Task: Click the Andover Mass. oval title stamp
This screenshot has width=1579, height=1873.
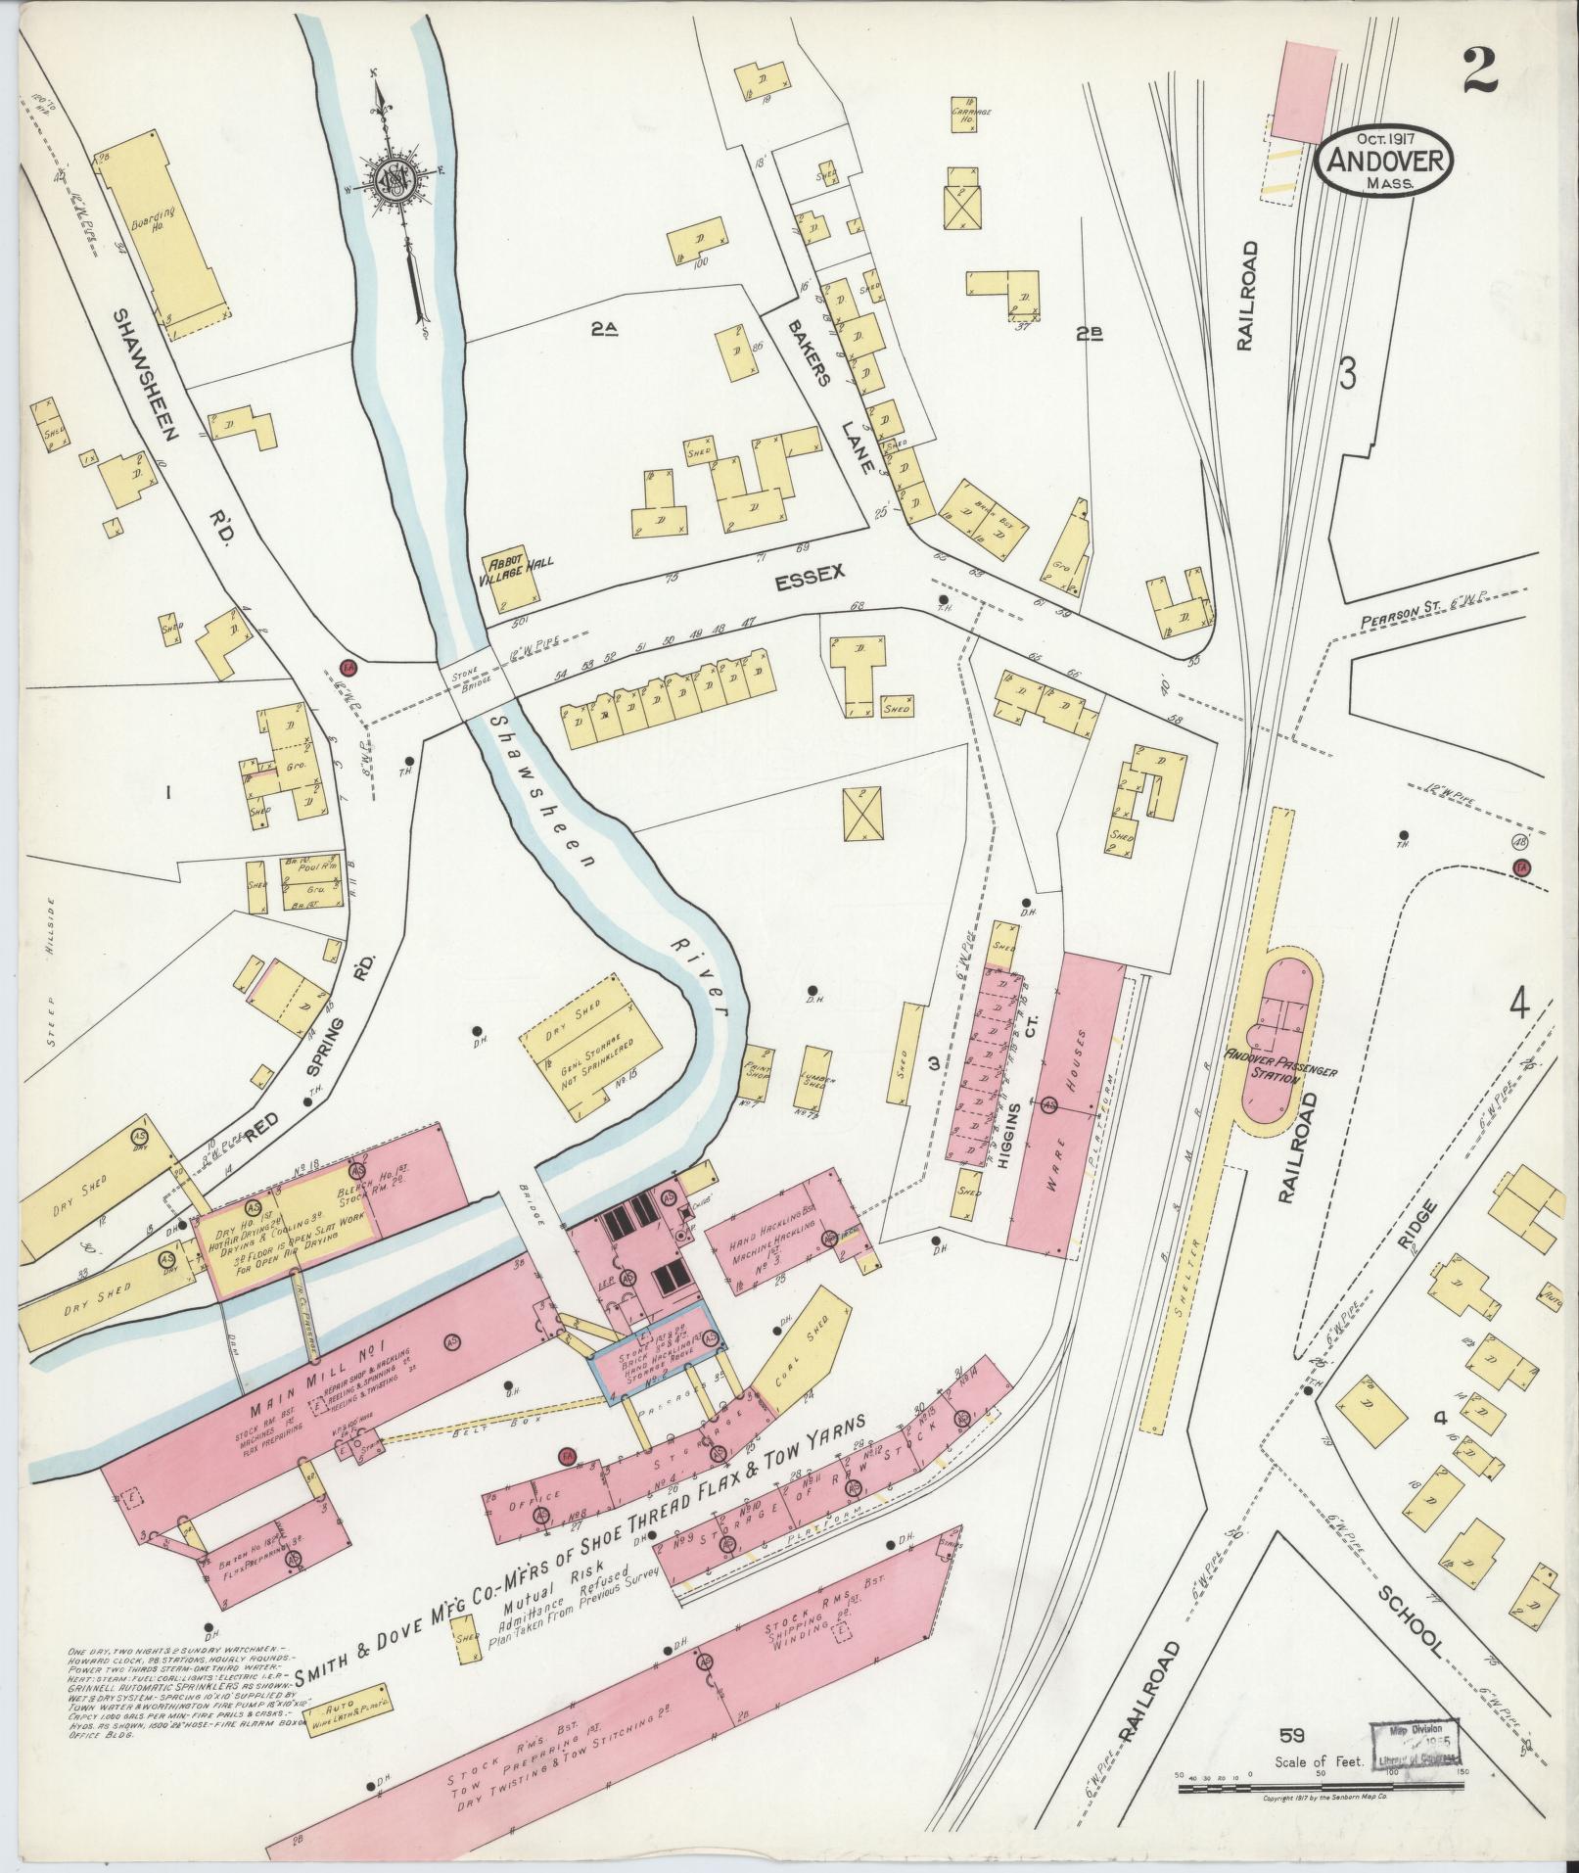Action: [x=1384, y=162]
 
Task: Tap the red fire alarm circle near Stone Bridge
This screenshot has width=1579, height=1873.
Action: [x=346, y=668]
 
